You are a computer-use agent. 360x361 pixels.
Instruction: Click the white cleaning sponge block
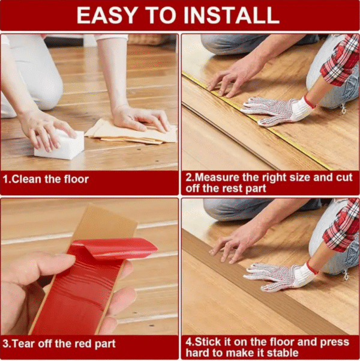(x=58, y=145)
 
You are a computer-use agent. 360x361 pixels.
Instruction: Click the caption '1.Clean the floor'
(x=46, y=178)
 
